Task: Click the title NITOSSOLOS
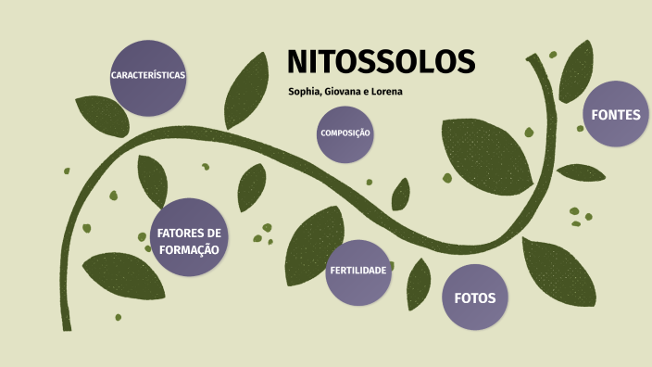pyautogui.click(x=381, y=61)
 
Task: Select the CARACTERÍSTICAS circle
pyautogui.click(x=148, y=77)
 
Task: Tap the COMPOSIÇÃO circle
pyautogui.click(x=345, y=133)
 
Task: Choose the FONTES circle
pyautogui.click(x=615, y=114)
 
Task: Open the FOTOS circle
pyautogui.click(x=475, y=297)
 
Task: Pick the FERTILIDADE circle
pyautogui.click(x=358, y=272)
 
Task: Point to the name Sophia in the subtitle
pyautogui.click(x=308, y=92)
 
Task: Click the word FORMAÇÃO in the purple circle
pyautogui.click(x=189, y=249)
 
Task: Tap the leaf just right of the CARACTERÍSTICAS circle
pyautogui.click(x=245, y=91)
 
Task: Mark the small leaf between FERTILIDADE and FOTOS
pyautogui.click(x=419, y=284)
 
